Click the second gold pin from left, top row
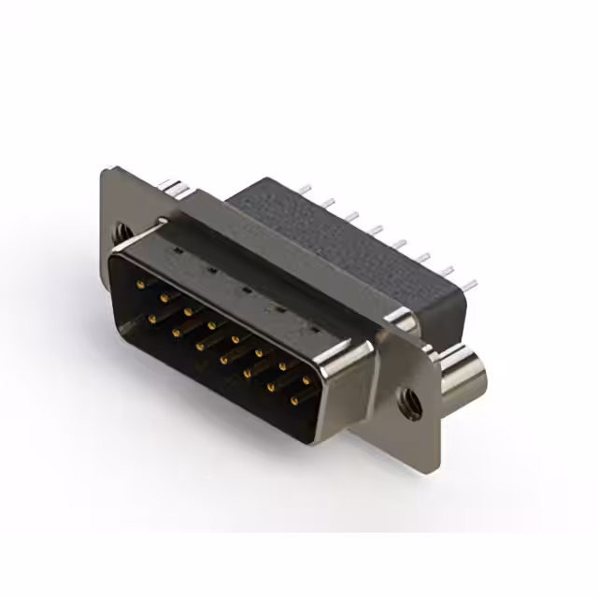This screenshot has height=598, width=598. tap(164, 297)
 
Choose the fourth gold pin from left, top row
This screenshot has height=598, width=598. tap(212, 325)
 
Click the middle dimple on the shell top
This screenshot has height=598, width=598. tap(246, 289)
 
